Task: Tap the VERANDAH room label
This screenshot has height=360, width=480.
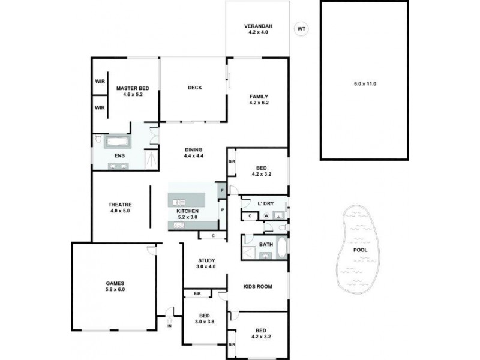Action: (x=258, y=26)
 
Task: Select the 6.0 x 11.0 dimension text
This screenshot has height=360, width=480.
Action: (x=364, y=83)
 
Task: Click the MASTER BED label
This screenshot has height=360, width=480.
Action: (x=132, y=88)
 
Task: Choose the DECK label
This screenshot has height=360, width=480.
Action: (x=194, y=88)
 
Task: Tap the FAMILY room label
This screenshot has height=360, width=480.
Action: (x=259, y=97)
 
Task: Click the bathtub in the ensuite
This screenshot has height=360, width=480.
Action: (x=118, y=142)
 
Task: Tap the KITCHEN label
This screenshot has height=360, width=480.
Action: (x=187, y=212)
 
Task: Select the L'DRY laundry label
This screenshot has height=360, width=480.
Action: (x=265, y=203)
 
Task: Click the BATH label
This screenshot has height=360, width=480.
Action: (x=266, y=244)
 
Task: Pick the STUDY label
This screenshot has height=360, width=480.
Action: (x=206, y=260)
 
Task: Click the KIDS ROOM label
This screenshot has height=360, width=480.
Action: (x=258, y=286)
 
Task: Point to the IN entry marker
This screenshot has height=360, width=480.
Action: (x=169, y=327)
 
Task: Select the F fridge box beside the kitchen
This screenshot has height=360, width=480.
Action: (x=221, y=191)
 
